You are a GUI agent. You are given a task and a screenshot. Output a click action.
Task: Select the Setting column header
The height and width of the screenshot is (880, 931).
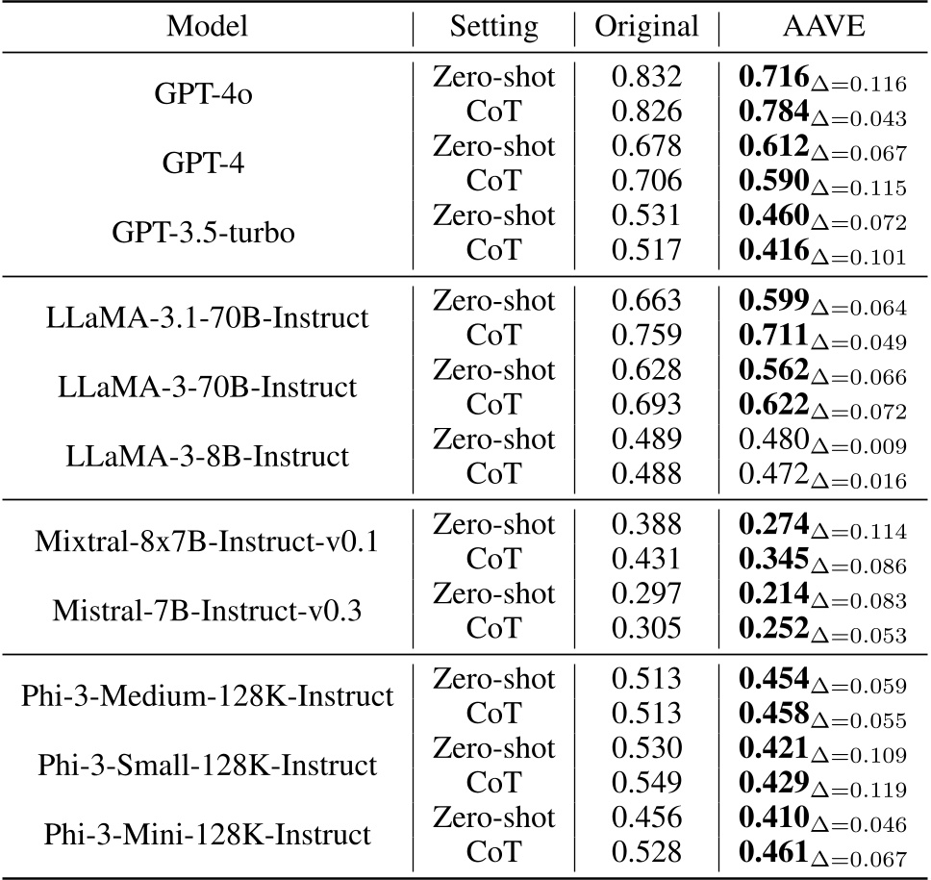click(x=493, y=27)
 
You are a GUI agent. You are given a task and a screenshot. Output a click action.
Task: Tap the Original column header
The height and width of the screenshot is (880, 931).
click(x=646, y=27)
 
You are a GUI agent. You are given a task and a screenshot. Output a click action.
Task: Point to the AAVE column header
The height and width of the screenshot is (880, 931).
click(x=823, y=27)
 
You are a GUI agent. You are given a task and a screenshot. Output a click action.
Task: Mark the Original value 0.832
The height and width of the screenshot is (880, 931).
click(x=646, y=78)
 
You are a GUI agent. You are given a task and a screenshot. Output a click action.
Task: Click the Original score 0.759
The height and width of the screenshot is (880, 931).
click(x=646, y=336)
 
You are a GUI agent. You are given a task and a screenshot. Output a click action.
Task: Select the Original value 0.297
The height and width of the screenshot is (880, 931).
click(x=646, y=593)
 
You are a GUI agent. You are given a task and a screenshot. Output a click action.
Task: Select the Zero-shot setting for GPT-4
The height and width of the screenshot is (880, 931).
click(x=493, y=146)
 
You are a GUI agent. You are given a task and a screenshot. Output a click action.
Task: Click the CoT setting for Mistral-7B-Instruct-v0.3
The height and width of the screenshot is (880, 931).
click(x=493, y=628)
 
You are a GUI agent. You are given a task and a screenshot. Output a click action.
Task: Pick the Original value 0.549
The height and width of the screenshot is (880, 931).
click(x=646, y=784)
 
